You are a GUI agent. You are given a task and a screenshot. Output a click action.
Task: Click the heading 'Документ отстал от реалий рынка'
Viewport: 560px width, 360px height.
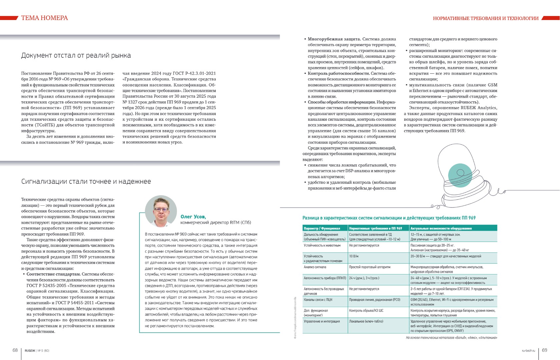76,56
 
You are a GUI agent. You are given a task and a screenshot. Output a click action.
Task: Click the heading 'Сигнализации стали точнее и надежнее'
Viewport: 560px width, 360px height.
86,182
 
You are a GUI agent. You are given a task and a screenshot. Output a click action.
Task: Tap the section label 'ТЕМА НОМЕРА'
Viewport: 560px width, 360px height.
44,18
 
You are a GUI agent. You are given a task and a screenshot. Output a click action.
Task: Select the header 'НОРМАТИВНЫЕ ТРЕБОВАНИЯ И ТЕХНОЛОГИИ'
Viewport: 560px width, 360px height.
486,18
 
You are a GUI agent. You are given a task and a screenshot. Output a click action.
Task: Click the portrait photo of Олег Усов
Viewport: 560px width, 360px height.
161,211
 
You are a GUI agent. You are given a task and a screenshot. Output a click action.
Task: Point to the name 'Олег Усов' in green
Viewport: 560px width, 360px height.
193,217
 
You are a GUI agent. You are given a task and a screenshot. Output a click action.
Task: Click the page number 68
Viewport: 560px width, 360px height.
15,350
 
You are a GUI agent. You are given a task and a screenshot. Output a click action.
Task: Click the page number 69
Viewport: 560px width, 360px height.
544,350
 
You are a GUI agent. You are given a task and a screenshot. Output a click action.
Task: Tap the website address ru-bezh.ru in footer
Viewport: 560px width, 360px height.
528,351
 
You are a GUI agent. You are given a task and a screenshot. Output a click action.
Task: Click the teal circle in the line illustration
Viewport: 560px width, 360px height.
460,175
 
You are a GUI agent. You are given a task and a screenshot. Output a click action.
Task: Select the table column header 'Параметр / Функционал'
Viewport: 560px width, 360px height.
322,228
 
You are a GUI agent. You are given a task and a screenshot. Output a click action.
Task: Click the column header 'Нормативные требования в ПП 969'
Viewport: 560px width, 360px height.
375,228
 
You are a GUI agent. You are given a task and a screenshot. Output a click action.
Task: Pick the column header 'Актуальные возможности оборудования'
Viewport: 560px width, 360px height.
441,228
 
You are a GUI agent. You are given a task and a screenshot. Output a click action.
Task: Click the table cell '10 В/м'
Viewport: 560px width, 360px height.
354,256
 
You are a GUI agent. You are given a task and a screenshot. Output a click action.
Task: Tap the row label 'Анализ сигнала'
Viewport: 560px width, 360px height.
315,267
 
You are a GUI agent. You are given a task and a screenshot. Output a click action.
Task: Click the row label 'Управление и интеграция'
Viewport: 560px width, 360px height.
322,321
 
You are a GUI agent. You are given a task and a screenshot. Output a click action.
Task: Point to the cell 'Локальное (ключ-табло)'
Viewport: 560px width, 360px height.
366,321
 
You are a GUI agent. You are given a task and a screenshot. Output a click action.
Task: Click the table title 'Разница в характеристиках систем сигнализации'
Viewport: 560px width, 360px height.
389,218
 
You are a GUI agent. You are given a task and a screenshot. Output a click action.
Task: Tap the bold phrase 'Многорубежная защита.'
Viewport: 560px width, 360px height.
334,39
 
